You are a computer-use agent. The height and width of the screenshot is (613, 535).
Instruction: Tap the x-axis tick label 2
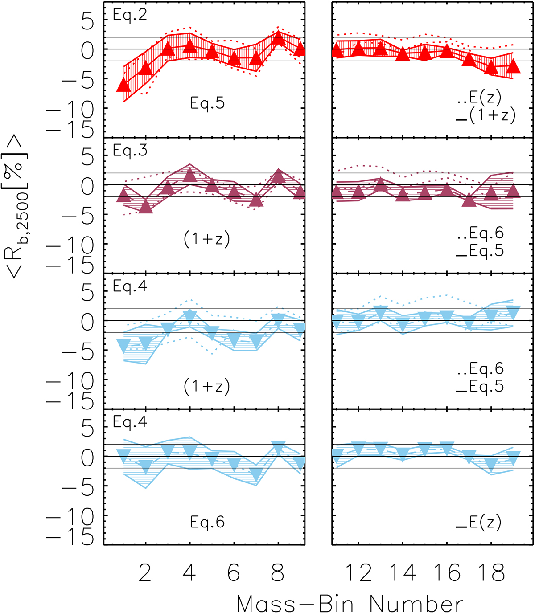tap(145, 573)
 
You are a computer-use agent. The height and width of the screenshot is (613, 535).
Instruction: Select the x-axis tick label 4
tap(189, 573)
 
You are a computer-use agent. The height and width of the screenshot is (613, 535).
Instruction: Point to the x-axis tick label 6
tap(234, 573)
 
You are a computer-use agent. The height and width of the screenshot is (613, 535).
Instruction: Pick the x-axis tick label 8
tap(278, 573)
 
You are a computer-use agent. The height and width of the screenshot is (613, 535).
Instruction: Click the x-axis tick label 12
tap(359, 573)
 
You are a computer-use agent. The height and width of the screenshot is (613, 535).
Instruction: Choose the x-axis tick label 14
tap(403, 573)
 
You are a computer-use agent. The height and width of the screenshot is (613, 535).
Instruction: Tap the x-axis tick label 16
tap(447, 573)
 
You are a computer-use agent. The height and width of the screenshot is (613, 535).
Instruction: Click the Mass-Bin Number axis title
tap(350, 604)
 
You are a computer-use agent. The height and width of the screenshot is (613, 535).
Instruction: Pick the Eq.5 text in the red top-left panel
tap(207, 103)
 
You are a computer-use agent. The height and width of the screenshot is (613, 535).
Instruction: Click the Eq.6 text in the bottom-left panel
tap(207, 522)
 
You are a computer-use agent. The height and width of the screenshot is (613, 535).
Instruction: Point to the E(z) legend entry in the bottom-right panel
tap(485, 522)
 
